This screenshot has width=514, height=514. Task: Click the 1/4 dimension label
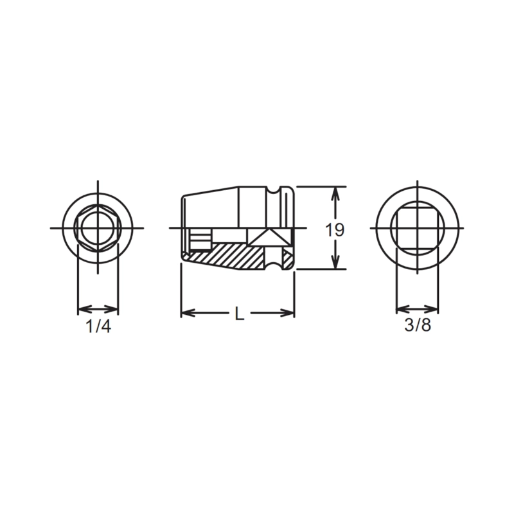pos(98,326)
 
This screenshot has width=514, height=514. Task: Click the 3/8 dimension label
pos(418,325)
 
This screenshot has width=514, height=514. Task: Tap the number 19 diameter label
pos(335,230)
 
